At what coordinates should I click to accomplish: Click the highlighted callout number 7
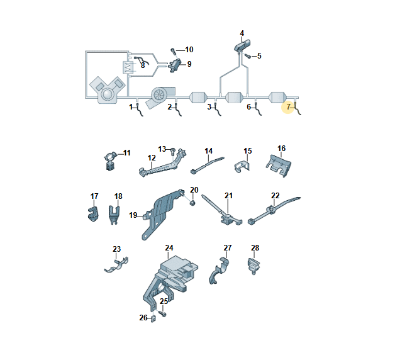(x=288, y=107)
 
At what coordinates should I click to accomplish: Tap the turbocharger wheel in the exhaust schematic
(x=160, y=94)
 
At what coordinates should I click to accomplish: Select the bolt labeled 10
(x=173, y=50)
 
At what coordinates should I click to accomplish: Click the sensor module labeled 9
(x=174, y=65)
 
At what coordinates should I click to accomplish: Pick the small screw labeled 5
(x=248, y=56)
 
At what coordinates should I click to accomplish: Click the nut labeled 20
(x=192, y=203)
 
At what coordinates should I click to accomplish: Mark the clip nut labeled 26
(x=153, y=319)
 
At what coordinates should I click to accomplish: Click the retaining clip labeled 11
(x=110, y=160)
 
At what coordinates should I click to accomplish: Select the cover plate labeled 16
(x=279, y=166)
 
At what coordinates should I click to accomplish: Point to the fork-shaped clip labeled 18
(x=114, y=215)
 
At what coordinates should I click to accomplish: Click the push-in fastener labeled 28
(x=253, y=266)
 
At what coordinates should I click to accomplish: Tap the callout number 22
(x=275, y=195)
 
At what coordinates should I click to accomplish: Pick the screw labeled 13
(x=173, y=151)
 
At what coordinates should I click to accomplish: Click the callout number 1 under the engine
(x=131, y=107)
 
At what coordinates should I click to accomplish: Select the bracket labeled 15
(x=242, y=167)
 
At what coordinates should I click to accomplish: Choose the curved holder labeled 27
(x=220, y=271)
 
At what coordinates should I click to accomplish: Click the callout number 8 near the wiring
(x=143, y=65)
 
